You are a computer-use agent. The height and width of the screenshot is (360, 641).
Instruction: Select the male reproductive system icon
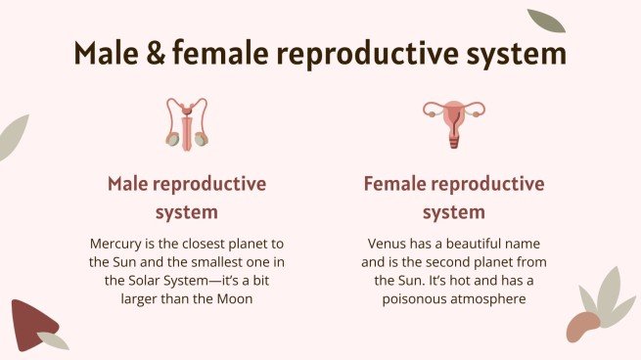186,122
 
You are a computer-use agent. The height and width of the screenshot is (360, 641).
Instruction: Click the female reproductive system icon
454,122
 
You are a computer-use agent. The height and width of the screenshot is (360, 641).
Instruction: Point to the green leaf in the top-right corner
546,21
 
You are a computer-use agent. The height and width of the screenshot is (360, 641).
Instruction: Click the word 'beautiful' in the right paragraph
463,243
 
